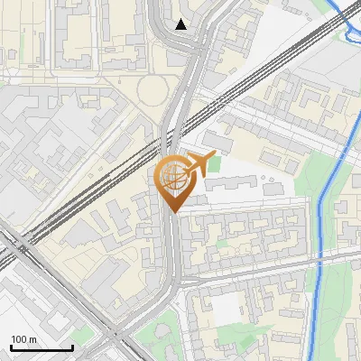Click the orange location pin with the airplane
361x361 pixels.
point(173,180)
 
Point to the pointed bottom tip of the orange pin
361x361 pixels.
point(173,212)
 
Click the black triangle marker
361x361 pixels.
point(181,24)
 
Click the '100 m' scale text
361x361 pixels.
point(24,338)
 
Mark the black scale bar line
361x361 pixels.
point(41,347)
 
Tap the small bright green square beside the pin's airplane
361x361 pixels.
point(215,162)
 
